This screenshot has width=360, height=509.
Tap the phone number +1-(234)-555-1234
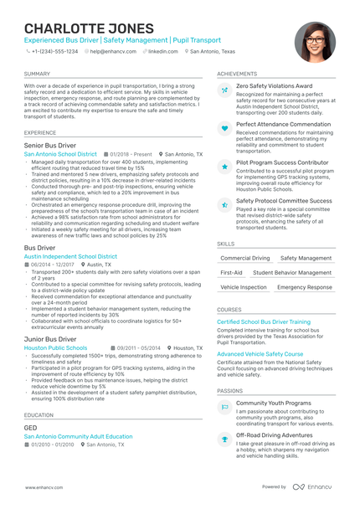pos(54,51)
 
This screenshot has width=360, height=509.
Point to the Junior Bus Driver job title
pos(51,339)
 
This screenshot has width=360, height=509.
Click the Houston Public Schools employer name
pos(55,347)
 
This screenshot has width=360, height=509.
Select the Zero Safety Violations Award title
pos(274,86)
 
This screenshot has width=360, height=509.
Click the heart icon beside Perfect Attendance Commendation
pos(224,128)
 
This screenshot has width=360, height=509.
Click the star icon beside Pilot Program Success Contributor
pos(224,167)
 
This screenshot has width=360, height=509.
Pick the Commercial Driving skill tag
pos(239,258)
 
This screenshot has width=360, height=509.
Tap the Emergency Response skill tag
pos(304,287)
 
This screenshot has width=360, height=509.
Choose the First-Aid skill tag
pos(231,273)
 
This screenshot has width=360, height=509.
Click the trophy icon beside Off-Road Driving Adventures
pos(224,438)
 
